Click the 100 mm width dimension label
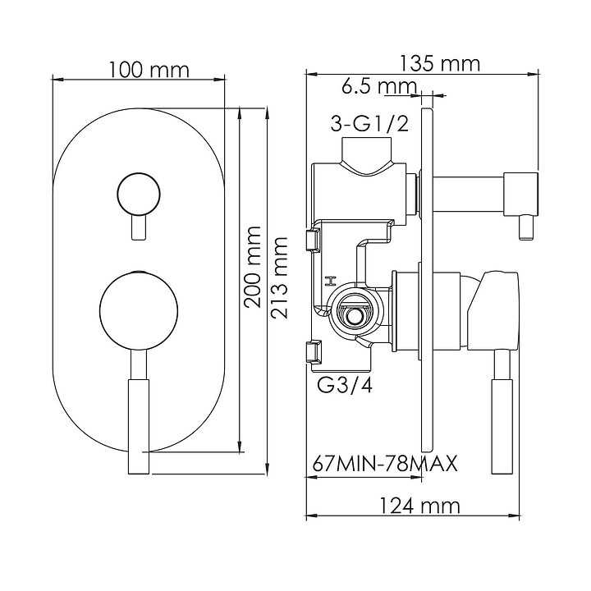[x=149, y=70]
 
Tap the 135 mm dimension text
[x=439, y=63]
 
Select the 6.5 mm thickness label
[x=379, y=87]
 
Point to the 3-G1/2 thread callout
[x=369, y=123]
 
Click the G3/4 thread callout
[x=345, y=385]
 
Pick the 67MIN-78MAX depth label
[x=385, y=463]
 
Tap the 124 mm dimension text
[x=419, y=506]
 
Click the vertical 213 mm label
[x=280, y=277]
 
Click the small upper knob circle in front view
[x=139, y=195]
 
